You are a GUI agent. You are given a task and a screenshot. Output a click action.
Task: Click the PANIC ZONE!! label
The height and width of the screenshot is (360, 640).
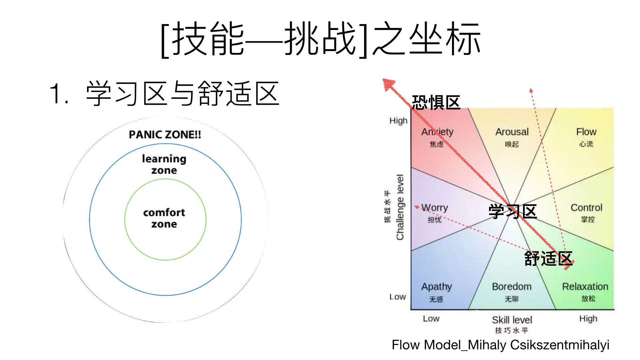tap(165, 135)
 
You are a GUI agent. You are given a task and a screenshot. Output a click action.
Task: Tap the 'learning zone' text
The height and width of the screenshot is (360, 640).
tap(164, 164)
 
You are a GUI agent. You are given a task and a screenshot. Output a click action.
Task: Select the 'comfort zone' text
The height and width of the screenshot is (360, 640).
tap(164, 218)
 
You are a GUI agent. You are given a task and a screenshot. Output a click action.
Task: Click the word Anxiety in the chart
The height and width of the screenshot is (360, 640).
tap(437, 132)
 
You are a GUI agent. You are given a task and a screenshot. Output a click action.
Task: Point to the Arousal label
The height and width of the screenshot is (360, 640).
tap(512, 132)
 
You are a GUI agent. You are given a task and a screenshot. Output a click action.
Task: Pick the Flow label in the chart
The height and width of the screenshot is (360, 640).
tap(586, 132)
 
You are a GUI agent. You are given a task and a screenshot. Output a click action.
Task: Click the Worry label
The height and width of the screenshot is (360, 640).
tap(435, 208)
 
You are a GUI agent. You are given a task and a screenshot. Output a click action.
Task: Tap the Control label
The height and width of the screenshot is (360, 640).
tap(586, 208)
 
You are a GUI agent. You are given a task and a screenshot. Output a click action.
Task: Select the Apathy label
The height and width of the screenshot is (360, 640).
tap(436, 287)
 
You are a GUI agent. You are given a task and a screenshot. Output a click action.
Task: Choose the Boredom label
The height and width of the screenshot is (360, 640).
tap(512, 287)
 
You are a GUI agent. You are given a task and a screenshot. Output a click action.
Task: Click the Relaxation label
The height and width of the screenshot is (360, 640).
tap(585, 287)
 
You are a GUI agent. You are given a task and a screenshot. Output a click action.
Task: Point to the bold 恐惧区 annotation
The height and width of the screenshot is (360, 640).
tap(436, 102)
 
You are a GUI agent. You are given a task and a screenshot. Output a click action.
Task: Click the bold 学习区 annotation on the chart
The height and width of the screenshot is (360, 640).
tap(512, 211)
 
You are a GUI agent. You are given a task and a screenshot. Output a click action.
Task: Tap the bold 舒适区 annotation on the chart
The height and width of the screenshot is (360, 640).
tap(548, 258)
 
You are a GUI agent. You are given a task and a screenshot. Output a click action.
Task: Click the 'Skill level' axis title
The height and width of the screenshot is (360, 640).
tap(512, 320)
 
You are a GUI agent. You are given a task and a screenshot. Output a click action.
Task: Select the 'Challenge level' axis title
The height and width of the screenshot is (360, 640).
tap(400, 207)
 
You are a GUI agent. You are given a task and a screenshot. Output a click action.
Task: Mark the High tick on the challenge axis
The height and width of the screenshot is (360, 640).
tap(398, 121)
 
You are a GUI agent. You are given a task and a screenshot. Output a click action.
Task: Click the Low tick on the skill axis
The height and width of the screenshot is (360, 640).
tap(431, 319)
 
